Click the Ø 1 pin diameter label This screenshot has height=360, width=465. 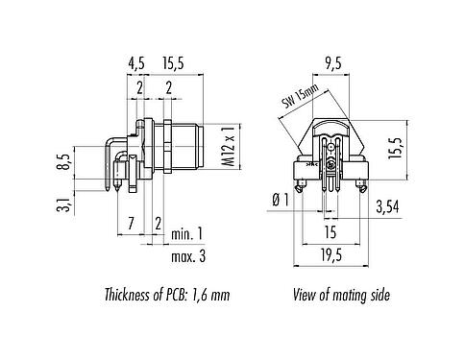click(x=281, y=200)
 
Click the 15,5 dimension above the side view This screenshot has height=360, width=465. click(x=175, y=65)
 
